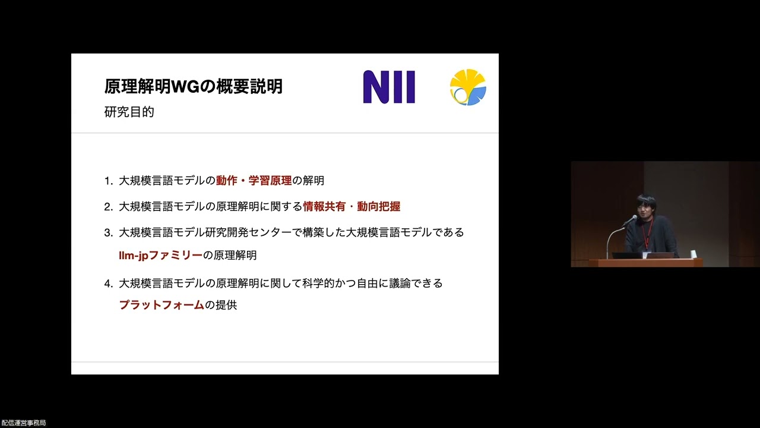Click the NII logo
point(389,87)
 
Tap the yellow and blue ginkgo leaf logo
point(468,87)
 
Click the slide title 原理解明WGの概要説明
point(193,87)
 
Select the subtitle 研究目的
point(129,112)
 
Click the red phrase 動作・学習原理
point(254,181)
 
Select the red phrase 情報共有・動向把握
point(351,207)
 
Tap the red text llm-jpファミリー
point(160,256)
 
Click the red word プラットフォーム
point(161,306)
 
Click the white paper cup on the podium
point(693,254)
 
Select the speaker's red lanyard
point(648,235)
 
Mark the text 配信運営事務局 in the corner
point(24,423)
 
